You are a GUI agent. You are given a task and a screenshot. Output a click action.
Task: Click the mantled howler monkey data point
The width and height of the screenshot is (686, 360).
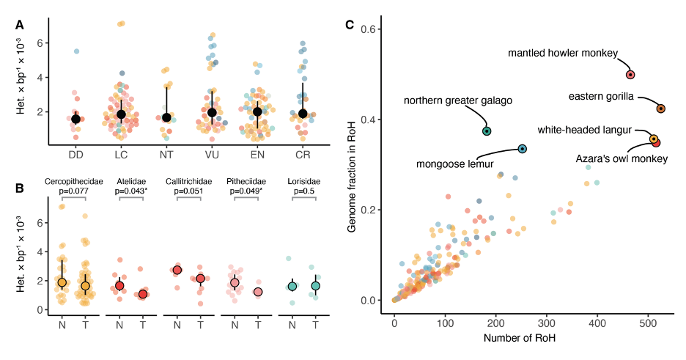click(x=630, y=75)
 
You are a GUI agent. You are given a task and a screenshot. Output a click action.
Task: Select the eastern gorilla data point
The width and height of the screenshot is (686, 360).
click(x=660, y=109)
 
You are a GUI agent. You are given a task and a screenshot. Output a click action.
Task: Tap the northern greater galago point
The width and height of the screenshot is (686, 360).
click(x=487, y=131)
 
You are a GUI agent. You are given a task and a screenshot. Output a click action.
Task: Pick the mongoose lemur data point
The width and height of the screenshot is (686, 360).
click(x=523, y=149)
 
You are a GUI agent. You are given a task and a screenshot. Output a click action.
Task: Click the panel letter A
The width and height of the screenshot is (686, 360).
click(x=20, y=25)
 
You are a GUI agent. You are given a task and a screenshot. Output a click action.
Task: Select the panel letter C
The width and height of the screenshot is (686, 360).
click(x=350, y=25)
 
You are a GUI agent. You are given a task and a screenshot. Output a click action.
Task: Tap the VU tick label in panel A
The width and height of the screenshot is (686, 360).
click(x=212, y=155)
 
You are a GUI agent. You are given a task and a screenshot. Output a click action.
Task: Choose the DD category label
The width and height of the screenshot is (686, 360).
click(x=75, y=155)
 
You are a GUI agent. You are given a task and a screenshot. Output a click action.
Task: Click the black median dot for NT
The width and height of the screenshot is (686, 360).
click(x=166, y=117)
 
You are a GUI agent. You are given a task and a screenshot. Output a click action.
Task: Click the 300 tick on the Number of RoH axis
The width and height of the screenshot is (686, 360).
click(x=547, y=323)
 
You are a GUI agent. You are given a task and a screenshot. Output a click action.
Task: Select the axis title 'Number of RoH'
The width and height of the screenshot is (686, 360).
click(x=534, y=338)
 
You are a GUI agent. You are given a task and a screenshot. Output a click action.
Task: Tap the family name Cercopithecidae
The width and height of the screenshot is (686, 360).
click(x=73, y=181)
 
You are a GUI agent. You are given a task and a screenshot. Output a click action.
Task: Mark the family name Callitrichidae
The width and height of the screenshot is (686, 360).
click(x=189, y=181)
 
